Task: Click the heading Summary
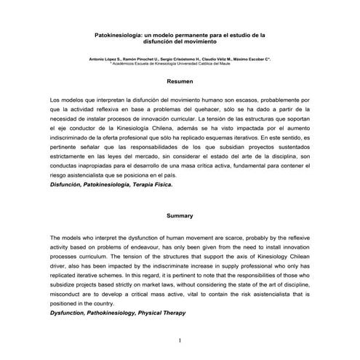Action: pos(180,216)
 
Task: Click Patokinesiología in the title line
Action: pos(121,34)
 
